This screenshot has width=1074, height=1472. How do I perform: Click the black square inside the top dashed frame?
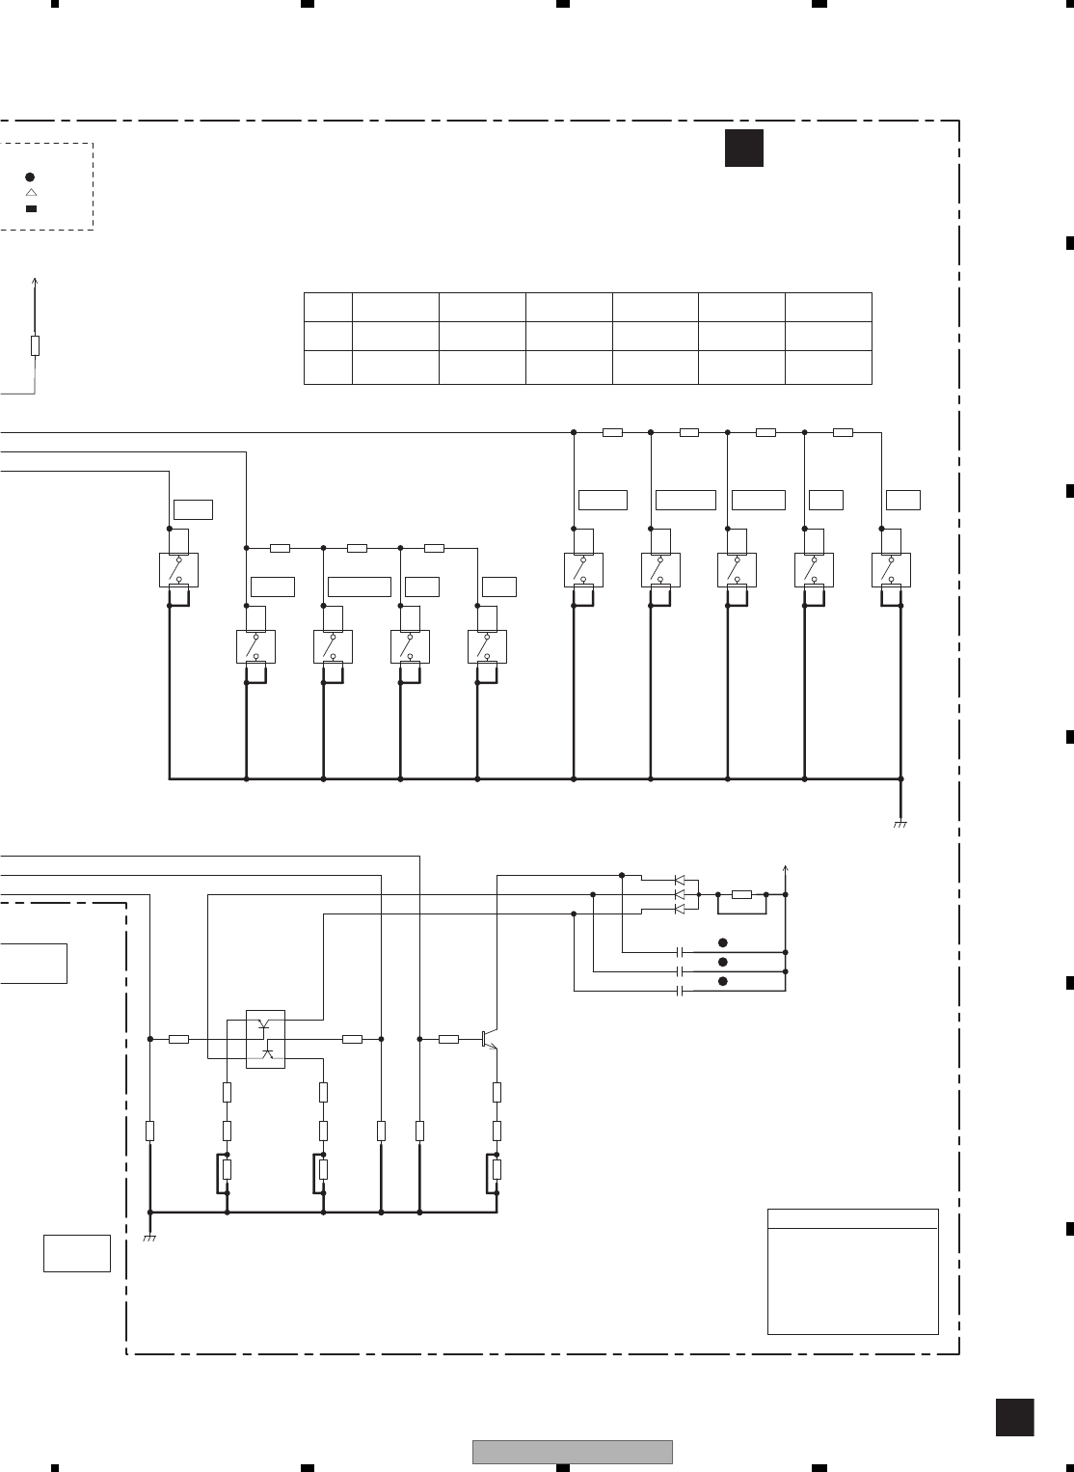click(743, 148)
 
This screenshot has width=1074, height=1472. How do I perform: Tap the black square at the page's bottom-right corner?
click(1014, 1417)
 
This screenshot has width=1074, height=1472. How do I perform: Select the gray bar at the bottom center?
click(572, 1452)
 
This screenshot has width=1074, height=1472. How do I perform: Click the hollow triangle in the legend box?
click(30, 193)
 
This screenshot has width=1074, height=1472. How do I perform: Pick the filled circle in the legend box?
click(30, 177)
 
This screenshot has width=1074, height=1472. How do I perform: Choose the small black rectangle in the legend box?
click(30, 208)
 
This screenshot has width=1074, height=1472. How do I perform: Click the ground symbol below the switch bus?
click(900, 824)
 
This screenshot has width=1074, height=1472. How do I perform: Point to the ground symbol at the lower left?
click(149, 1237)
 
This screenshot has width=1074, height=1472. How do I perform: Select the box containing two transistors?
click(265, 1039)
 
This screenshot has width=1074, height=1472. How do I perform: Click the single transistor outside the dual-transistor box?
click(488, 1039)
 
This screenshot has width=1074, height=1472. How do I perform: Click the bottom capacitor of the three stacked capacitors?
click(682, 991)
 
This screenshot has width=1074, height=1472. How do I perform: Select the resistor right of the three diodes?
click(741, 895)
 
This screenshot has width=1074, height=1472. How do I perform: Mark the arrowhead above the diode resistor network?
click(787, 868)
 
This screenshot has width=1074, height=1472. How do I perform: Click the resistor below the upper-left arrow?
click(35, 345)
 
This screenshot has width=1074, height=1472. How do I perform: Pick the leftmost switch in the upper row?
click(178, 570)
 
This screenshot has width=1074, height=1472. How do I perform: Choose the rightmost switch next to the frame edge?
click(891, 570)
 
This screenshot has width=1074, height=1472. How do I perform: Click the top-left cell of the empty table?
click(328, 308)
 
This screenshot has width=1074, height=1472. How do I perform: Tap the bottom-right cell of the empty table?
click(828, 368)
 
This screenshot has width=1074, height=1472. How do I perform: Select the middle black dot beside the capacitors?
click(721, 963)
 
